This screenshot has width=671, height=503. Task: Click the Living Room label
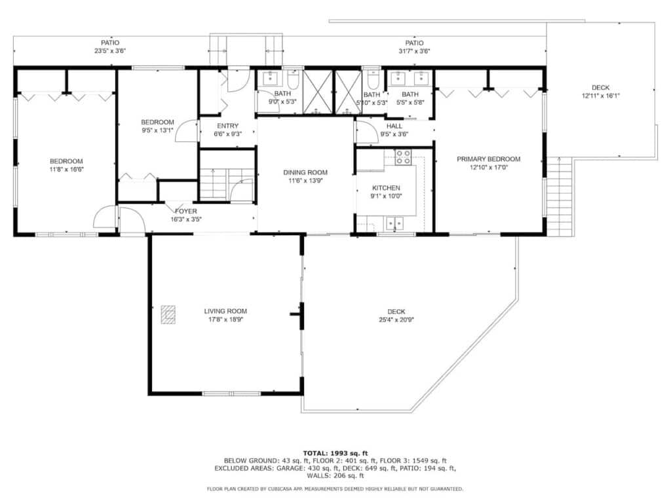point(225,311)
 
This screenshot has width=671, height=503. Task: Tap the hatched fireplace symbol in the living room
point(168,314)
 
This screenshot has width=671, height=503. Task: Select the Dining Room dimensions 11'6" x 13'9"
point(305,181)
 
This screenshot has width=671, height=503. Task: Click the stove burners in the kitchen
point(403,157)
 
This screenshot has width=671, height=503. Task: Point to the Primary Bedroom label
point(489,159)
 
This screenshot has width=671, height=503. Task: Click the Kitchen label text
point(386,188)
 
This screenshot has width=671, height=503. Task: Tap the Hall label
point(394,126)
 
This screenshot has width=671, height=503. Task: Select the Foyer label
point(185,212)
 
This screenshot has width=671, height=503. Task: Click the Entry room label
point(227,126)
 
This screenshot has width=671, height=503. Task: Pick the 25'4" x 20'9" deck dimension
point(396,320)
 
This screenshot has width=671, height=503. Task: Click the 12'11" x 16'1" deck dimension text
point(600,96)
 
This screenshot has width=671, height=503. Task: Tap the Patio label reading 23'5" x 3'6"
point(110,47)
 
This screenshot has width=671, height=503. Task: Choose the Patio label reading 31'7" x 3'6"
point(414,47)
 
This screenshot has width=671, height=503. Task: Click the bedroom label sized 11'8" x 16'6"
point(66,165)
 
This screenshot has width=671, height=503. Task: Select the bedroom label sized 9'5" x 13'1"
point(157,126)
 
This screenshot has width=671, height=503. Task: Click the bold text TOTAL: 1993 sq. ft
point(335,453)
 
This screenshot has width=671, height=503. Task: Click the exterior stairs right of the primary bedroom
point(560,196)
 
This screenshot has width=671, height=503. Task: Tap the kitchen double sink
point(394,223)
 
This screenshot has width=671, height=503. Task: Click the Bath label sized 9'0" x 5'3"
point(282,98)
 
